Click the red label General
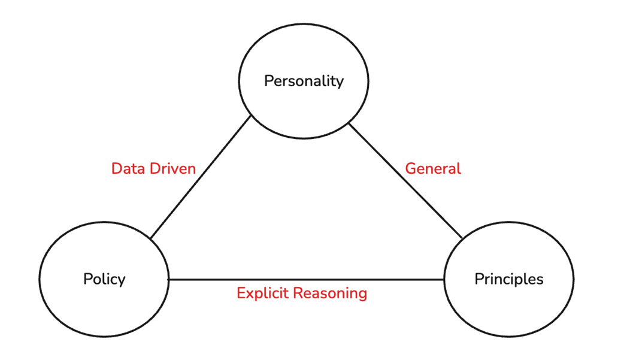point(433,168)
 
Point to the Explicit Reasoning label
point(302,293)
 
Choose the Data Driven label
point(153,168)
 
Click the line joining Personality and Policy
point(201,178)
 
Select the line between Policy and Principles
point(305,279)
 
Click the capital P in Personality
point(269,81)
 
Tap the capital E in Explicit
point(241,293)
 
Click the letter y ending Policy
point(122,281)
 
